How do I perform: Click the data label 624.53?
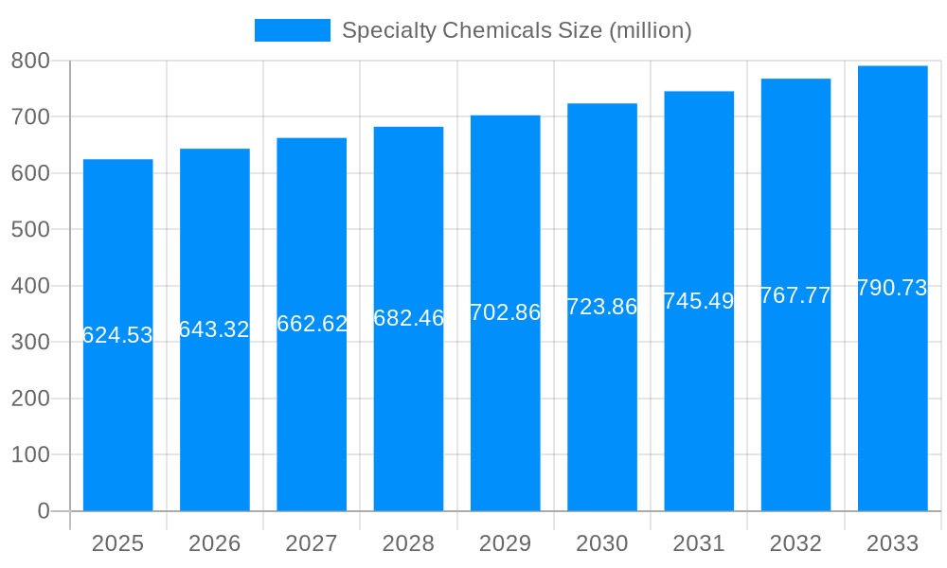[x=117, y=335]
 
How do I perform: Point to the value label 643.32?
[x=214, y=329]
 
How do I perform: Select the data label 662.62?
[x=312, y=324]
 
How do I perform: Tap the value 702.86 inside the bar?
[x=505, y=312]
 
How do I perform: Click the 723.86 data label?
[x=601, y=307]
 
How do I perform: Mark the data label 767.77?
[x=795, y=295]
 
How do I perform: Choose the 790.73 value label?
[x=892, y=289]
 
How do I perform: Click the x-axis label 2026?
[x=214, y=543]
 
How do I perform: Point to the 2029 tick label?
[x=505, y=543]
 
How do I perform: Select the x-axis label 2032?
[x=795, y=543]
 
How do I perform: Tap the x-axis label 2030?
[x=601, y=543]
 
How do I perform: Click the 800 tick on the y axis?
[x=30, y=61]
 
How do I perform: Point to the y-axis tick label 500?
[x=30, y=229]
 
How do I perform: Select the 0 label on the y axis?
[x=43, y=511]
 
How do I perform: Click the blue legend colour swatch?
[x=292, y=30]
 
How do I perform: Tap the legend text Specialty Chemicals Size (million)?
[x=516, y=30]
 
